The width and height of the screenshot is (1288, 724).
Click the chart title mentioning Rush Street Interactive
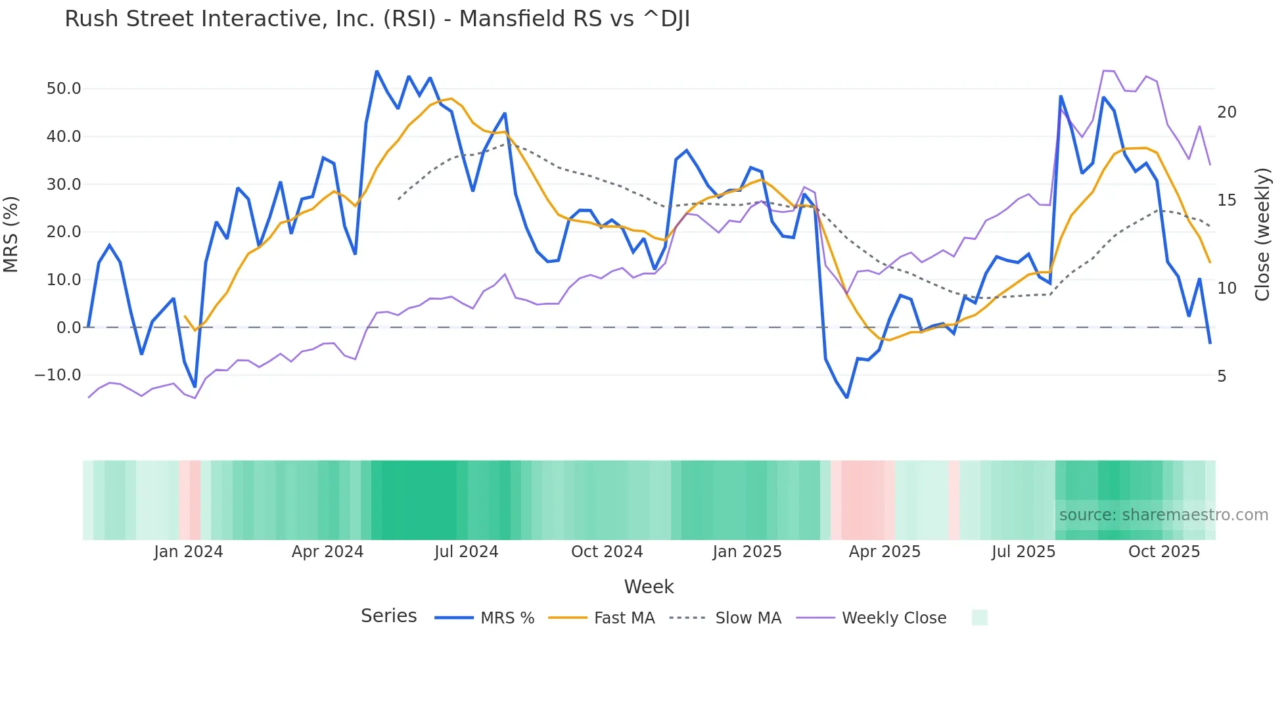click(377, 19)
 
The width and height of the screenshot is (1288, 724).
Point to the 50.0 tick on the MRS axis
click(63, 89)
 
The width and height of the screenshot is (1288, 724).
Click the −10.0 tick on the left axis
click(58, 375)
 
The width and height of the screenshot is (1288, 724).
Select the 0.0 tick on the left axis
click(68, 327)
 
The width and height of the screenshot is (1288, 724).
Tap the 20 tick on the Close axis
click(1226, 112)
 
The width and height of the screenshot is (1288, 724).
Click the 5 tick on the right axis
click(1222, 376)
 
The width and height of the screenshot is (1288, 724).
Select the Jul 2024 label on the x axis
click(466, 552)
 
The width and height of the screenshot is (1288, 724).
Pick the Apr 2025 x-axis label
click(885, 552)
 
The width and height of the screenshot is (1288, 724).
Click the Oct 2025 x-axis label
click(1164, 552)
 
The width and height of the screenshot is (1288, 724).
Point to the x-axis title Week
click(649, 587)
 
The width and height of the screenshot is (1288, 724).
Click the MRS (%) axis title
click(11, 234)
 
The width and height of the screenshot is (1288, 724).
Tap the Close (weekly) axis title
click(1262, 234)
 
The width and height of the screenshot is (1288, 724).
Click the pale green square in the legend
click(979, 618)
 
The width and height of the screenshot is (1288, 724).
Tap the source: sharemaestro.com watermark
click(1163, 515)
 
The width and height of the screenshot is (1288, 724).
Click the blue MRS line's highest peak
click(377, 71)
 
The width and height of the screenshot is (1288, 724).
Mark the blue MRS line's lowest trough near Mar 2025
click(847, 397)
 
